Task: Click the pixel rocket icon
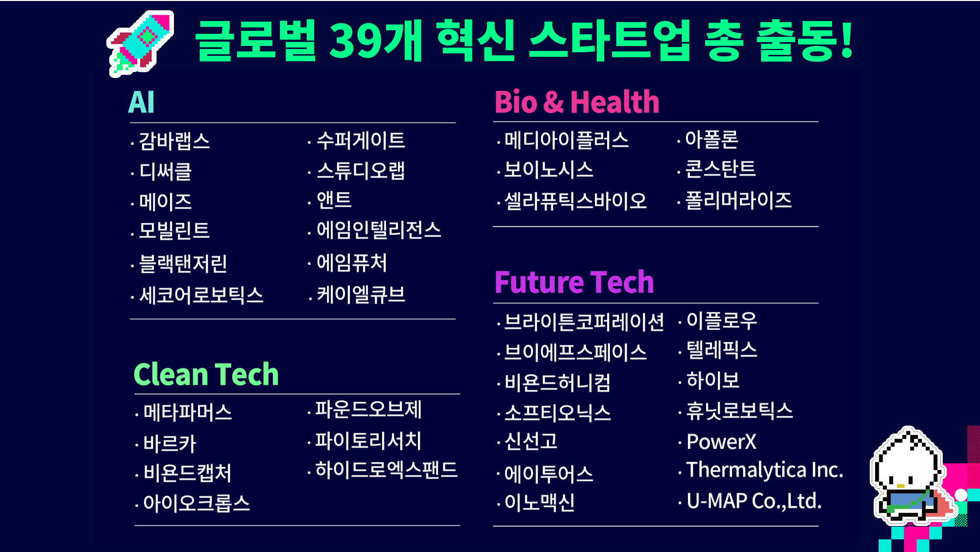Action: [x=141, y=44]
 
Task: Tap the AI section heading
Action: [x=141, y=102]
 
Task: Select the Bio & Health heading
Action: [x=577, y=102]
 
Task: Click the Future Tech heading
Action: [x=574, y=282]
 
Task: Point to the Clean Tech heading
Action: [x=206, y=374]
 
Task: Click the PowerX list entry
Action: [x=721, y=441]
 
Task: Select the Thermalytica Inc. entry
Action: [x=764, y=470]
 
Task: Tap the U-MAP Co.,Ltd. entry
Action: [x=754, y=501]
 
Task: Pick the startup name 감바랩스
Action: [x=174, y=141]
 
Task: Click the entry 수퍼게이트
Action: [x=361, y=141]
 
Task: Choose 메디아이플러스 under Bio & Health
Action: [x=566, y=140]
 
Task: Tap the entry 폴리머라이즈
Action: [x=738, y=200]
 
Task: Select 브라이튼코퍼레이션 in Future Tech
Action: [x=584, y=322]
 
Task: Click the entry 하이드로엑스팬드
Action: [x=387, y=470]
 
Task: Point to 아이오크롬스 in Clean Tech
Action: [x=196, y=503]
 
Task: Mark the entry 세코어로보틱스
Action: [x=201, y=295]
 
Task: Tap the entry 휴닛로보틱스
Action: [x=739, y=410]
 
